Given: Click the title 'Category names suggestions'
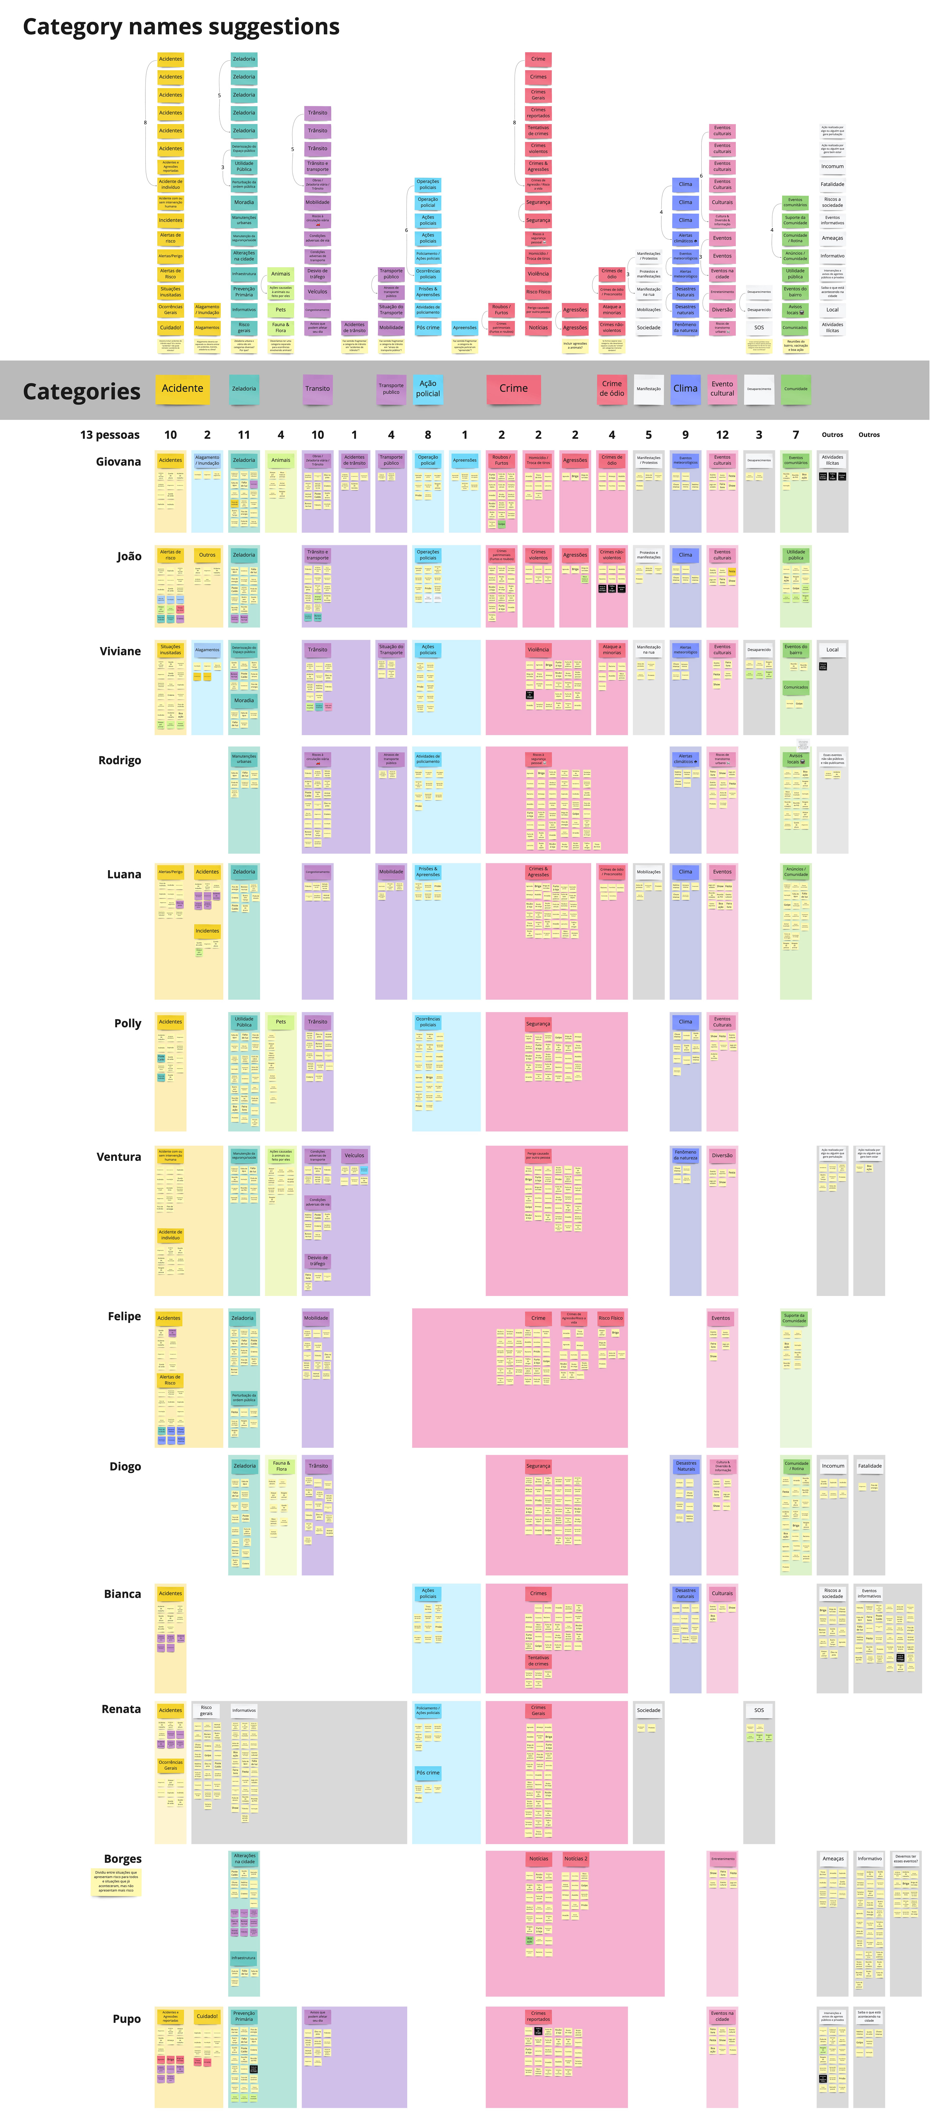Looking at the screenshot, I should tap(181, 27).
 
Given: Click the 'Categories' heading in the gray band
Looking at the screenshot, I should tap(82, 392).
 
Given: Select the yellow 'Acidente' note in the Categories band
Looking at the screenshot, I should tap(182, 388).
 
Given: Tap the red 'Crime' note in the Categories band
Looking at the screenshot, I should tap(513, 388).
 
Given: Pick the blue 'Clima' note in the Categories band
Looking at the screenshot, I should tap(685, 388).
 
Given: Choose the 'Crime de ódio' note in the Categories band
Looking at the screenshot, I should tap(612, 388).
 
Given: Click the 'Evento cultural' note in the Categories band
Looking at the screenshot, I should tap(722, 388).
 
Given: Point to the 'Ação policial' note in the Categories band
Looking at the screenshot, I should tap(428, 388).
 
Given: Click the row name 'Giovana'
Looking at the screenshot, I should tap(118, 462).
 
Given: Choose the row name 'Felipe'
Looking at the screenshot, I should tap(124, 1316).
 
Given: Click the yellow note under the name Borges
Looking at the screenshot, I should tap(116, 1881).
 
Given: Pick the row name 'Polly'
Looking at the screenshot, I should tap(128, 1023).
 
